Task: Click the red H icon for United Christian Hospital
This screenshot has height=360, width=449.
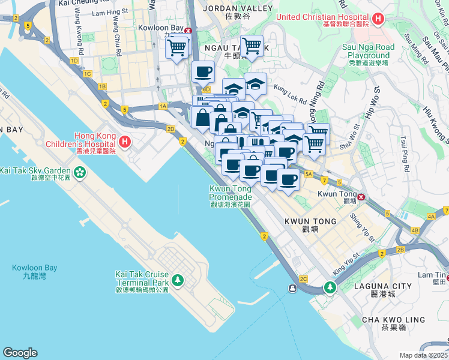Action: click(x=378, y=20)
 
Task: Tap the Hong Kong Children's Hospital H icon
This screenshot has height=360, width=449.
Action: click(x=124, y=142)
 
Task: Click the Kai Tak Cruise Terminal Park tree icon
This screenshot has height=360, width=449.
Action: click(x=178, y=280)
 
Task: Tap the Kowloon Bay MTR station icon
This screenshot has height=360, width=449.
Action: click(x=188, y=31)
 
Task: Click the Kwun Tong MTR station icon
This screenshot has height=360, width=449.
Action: click(x=361, y=197)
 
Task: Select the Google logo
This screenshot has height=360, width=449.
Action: click(x=20, y=353)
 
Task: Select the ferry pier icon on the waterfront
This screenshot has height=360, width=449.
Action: click(x=292, y=289)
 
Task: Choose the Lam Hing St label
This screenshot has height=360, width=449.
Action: click(x=106, y=12)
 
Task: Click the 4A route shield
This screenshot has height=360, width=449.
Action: click(x=431, y=216)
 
